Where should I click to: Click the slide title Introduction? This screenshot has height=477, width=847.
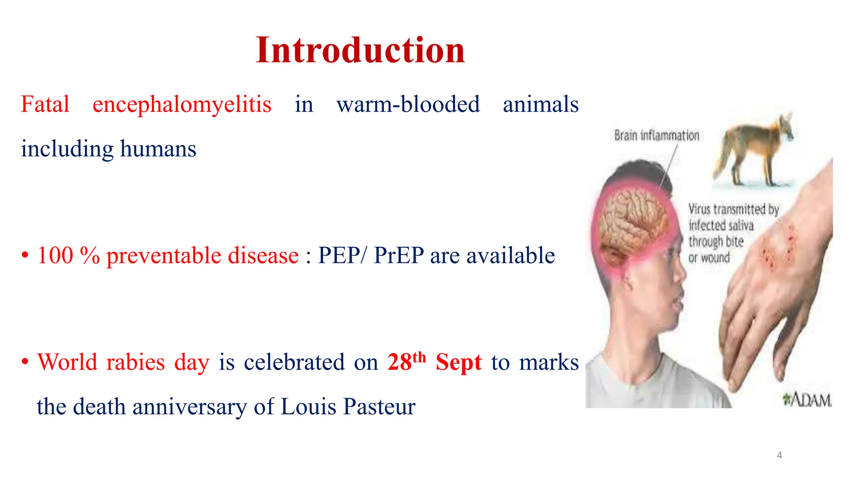point(360,50)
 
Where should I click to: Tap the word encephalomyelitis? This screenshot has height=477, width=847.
point(182,104)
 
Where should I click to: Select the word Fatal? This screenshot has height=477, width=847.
point(45,104)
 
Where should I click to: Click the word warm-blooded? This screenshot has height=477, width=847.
point(408,104)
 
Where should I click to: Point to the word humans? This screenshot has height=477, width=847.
point(158,149)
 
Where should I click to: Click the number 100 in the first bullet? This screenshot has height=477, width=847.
point(55,255)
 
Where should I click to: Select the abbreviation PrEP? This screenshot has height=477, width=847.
point(399,255)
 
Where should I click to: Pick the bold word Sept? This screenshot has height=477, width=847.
point(459,362)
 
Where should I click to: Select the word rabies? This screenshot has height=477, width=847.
point(135,362)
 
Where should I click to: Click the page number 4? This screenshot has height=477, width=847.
point(779,455)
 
